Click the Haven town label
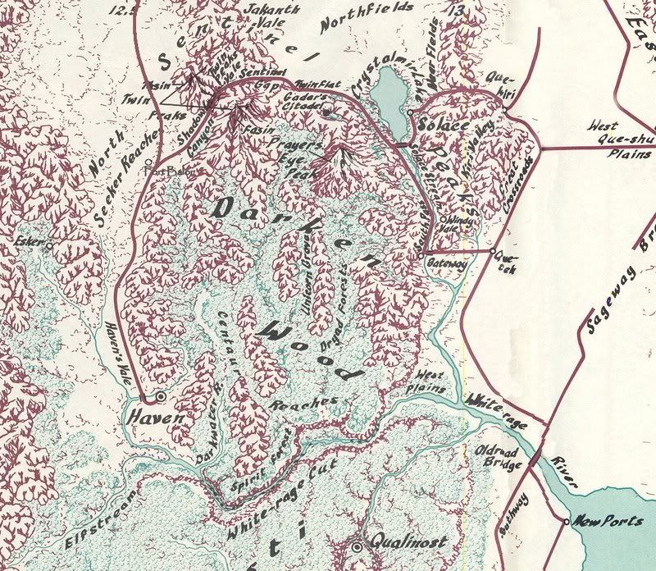(x=147, y=418)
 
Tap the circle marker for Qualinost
(x=356, y=546)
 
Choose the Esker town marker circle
(x=48, y=244)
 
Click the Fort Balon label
(x=166, y=171)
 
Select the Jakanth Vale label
(x=257, y=12)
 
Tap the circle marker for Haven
(x=162, y=396)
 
